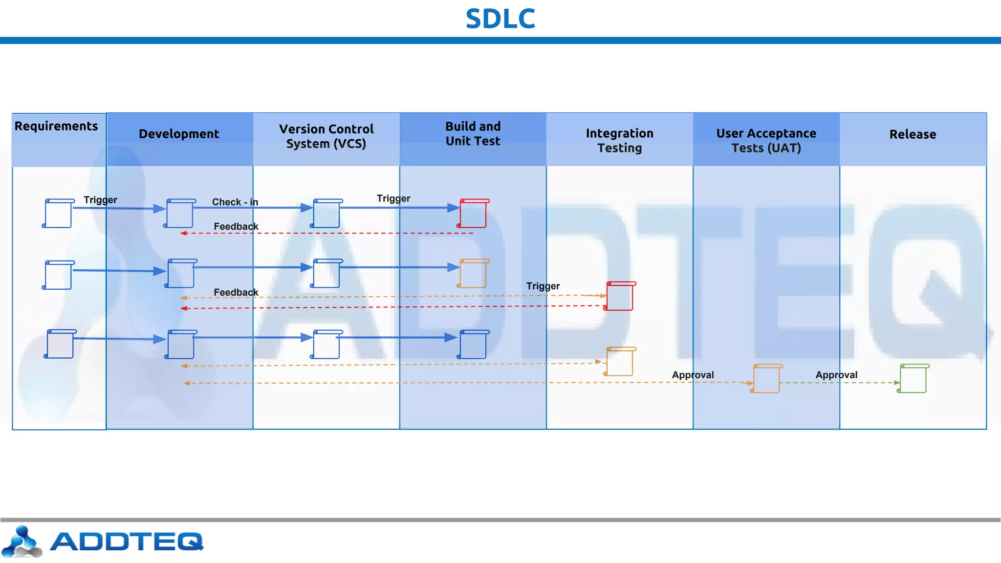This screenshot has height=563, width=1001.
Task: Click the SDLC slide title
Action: pyautogui.click(x=500, y=19)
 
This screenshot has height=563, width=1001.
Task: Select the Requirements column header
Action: pyautogui.click(x=56, y=126)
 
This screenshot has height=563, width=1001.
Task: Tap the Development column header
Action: pyautogui.click(x=179, y=134)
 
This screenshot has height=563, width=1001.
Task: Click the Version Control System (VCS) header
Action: pyautogui.click(x=326, y=136)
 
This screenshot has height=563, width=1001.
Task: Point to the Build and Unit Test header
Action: pyautogui.click(x=473, y=134)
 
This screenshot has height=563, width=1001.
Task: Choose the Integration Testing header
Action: pyautogui.click(x=619, y=141)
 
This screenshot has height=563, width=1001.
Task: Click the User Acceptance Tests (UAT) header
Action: pyautogui.click(x=766, y=141)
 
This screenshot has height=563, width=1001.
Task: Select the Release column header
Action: pyautogui.click(x=913, y=134)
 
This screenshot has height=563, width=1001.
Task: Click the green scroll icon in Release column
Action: pyautogui.click(x=913, y=379)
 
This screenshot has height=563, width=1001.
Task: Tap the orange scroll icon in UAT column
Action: pyautogui.click(x=766, y=379)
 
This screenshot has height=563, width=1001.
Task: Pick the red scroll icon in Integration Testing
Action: pyautogui.click(x=620, y=296)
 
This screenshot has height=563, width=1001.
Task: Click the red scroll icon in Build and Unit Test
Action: pyautogui.click(x=473, y=214)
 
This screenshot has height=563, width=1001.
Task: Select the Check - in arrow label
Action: pyautogui.click(x=235, y=202)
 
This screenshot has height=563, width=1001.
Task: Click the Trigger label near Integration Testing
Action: pyautogui.click(x=543, y=286)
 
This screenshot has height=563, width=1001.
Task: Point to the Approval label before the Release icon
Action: pyautogui.click(x=836, y=375)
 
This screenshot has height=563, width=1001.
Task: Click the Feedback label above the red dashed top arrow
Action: pyautogui.click(x=236, y=226)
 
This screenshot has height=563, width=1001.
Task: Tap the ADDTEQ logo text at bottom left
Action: pyautogui.click(x=126, y=541)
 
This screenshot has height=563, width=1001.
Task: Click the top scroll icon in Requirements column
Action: pyautogui.click(x=59, y=214)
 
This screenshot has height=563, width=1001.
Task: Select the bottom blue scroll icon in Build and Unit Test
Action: pyautogui.click(x=473, y=345)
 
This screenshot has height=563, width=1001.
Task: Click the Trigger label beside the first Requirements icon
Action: pyautogui.click(x=100, y=200)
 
